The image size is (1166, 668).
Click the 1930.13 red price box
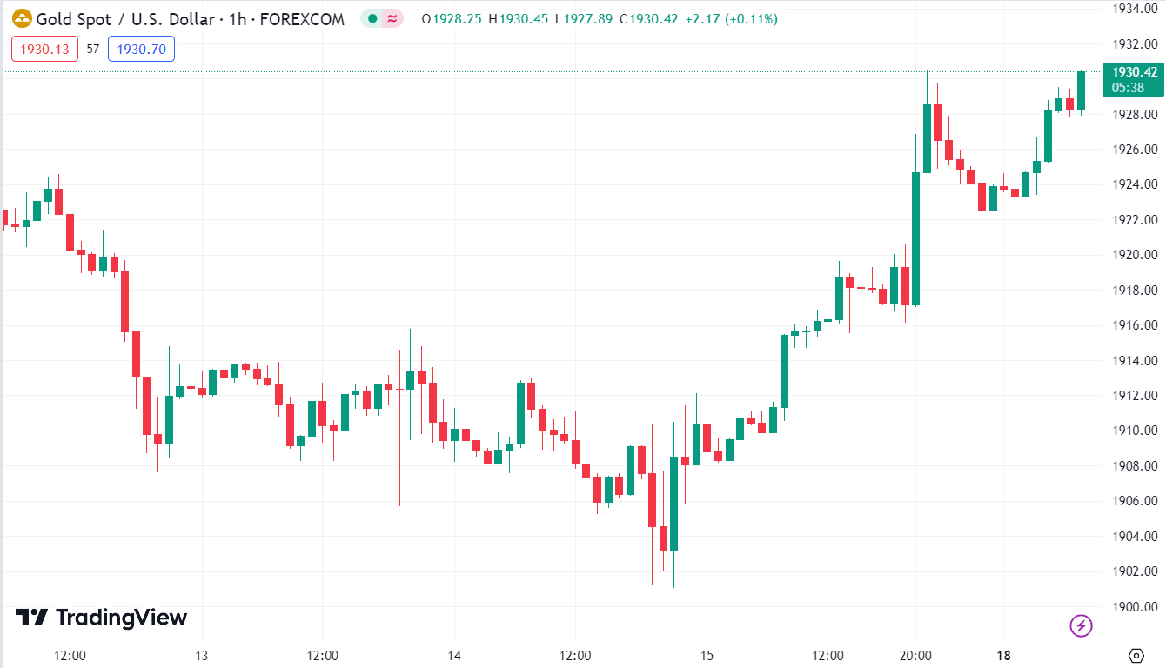[x=44, y=50]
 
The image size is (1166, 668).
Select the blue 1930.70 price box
[x=141, y=50]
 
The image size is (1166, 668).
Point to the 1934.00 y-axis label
[x=1135, y=9]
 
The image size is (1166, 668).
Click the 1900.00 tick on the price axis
[x=1135, y=606]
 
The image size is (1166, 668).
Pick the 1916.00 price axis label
[x=1135, y=325]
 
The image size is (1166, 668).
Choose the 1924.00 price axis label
[x=1135, y=184]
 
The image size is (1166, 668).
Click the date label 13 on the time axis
[x=201, y=655]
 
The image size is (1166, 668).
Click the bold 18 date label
[x=1003, y=655]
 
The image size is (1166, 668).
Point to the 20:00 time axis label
[x=915, y=655]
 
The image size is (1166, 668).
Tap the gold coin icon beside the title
[x=22, y=18]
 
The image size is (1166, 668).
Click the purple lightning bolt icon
[x=1081, y=625]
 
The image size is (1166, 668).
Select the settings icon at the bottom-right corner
[x=1135, y=655]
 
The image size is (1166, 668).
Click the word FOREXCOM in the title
[x=304, y=19]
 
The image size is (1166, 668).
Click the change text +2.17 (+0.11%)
[x=731, y=19]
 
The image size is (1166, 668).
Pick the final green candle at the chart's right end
[x=1081, y=91]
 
